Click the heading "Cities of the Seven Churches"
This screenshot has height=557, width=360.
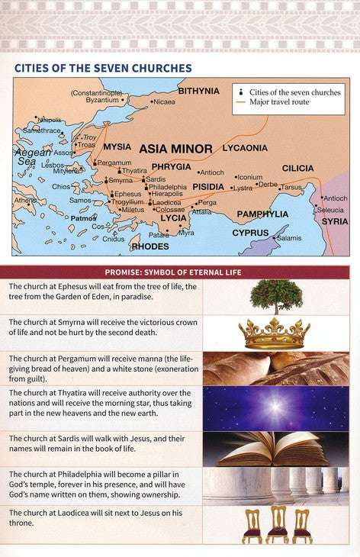click(x=103, y=69)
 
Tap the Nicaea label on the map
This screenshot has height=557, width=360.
click(x=164, y=101)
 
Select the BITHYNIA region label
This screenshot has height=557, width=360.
click(x=198, y=91)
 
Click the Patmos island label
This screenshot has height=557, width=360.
click(x=84, y=217)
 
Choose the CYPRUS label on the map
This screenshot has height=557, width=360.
click(x=250, y=233)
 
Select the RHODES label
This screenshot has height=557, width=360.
click(x=150, y=246)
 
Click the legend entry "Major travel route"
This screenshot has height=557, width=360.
click(x=279, y=102)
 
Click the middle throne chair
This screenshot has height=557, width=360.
click(x=277, y=526)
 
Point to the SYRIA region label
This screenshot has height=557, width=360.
click(x=335, y=221)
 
